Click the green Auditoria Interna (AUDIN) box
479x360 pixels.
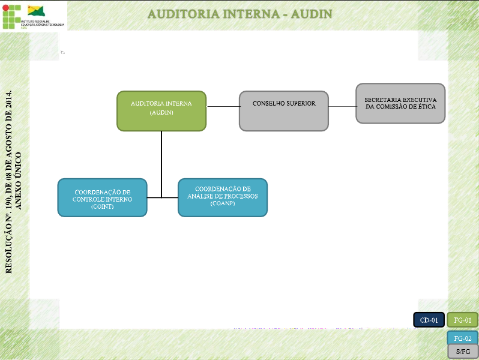click(161, 110)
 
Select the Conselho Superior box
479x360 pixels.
click(284, 110)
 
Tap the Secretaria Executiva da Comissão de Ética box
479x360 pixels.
click(400, 103)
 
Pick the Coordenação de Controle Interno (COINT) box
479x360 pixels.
click(102, 197)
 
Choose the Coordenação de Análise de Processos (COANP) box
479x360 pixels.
click(223, 197)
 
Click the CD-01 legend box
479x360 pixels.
click(429, 320)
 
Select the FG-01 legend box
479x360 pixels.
click(463, 320)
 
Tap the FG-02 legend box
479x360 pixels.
click(463, 338)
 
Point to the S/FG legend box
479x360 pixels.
click(463, 352)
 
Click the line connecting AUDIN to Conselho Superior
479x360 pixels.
click(223, 107)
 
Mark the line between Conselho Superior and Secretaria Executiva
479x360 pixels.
click(342, 107)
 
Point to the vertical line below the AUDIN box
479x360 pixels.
click(161, 162)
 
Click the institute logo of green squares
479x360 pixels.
click(10, 16)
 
